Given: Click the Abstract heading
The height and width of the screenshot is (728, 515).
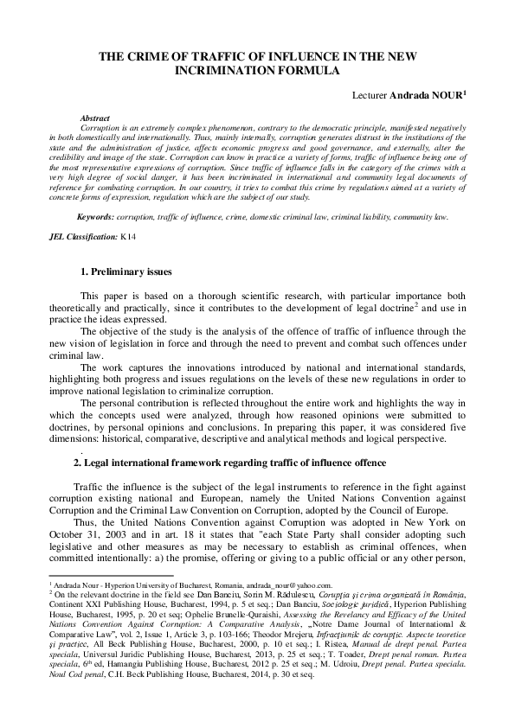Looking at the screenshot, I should [119, 117].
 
